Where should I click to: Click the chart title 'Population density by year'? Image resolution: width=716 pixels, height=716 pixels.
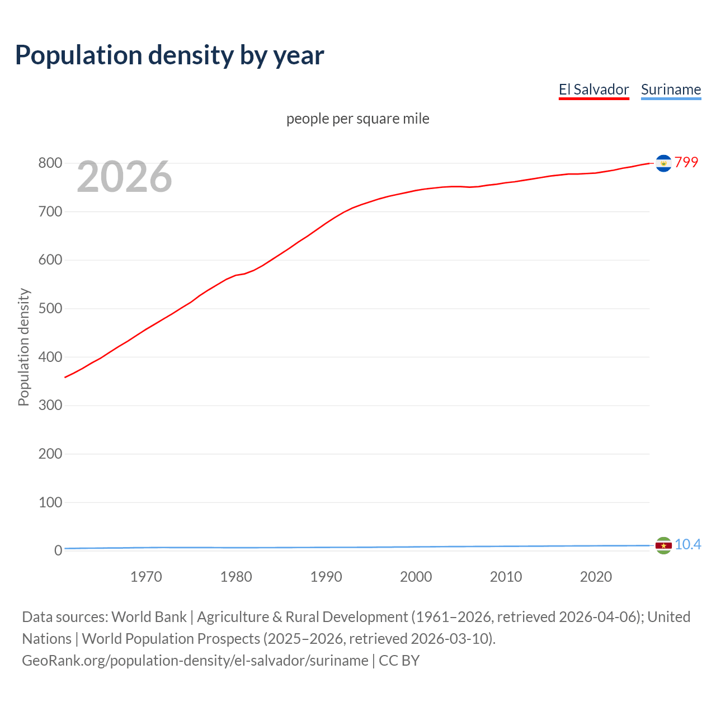(x=169, y=55)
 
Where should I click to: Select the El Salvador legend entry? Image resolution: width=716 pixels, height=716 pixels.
(x=593, y=89)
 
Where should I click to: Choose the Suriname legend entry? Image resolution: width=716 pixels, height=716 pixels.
(x=671, y=89)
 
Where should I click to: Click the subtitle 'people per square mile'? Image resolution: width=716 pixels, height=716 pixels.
(x=358, y=119)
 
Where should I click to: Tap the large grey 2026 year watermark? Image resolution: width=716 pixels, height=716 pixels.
(x=124, y=177)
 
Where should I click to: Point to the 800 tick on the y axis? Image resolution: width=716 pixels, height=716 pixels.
(x=50, y=163)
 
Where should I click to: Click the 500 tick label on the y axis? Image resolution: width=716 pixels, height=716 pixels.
(x=50, y=309)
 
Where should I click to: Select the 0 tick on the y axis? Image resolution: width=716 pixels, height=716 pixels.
(x=58, y=550)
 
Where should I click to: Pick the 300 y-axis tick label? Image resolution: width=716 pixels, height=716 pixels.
(x=50, y=406)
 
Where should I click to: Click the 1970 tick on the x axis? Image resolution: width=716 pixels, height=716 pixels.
(x=146, y=577)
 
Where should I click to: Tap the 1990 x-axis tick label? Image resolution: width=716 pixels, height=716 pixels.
(x=326, y=577)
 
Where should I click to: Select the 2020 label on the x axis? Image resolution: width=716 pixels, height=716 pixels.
(x=596, y=577)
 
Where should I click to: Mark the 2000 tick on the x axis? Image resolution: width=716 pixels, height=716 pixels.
(x=416, y=577)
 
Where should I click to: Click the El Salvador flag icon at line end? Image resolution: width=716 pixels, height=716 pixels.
(x=663, y=163)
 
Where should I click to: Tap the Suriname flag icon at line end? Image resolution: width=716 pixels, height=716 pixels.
(x=663, y=545)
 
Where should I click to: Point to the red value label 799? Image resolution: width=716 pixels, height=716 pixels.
(x=686, y=162)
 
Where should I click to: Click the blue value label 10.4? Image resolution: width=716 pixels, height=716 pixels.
(x=687, y=544)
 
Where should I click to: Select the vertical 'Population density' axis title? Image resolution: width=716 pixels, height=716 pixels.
(x=23, y=347)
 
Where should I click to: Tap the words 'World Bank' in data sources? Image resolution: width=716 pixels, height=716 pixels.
(x=149, y=617)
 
